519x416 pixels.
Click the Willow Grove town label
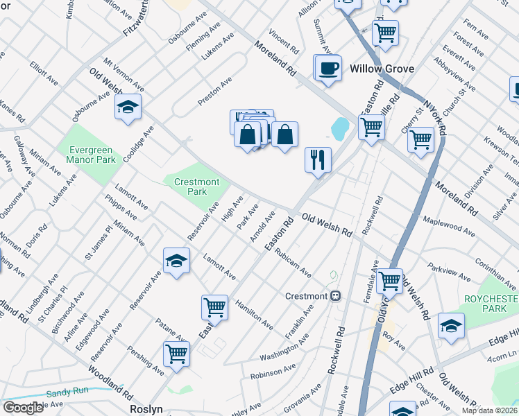[x=382, y=69]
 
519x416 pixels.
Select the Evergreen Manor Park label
[x=96, y=154]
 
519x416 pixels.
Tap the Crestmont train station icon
[x=336, y=296]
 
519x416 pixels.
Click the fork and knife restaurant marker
[x=318, y=159]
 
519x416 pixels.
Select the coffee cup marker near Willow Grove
[x=327, y=68]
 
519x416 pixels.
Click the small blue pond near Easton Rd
[x=340, y=128]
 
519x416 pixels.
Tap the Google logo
[x=23, y=408]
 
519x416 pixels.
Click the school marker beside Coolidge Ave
[x=128, y=107]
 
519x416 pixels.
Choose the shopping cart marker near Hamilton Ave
[x=214, y=306]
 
